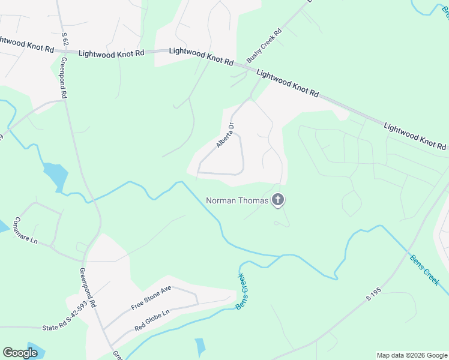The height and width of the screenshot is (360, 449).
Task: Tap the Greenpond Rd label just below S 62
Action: [x=62, y=78]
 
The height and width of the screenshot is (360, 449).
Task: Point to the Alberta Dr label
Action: [x=225, y=136]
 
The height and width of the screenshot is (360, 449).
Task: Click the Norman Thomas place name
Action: [x=237, y=200]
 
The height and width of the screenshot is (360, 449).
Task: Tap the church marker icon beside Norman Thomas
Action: [x=277, y=200]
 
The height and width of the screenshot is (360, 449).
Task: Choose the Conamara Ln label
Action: [x=26, y=230]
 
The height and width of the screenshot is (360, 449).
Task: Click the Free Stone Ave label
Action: [x=151, y=297]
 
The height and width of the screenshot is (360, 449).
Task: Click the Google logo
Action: [x=20, y=353]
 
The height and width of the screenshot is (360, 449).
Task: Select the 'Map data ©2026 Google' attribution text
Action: [x=412, y=355]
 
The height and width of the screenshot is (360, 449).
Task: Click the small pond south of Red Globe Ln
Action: [x=200, y=347]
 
